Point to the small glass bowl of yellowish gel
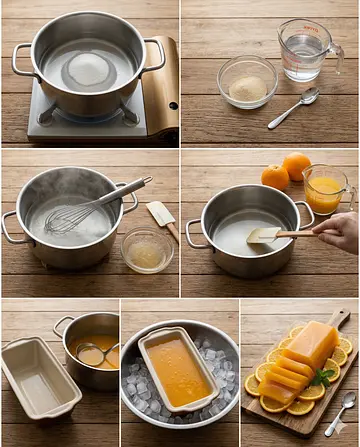click(x=147, y=251)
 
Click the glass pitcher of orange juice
click(x=324, y=189)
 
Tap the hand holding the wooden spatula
click(x=340, y=232)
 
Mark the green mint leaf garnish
click(x=322, y=377)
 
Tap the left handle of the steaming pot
click(x=12, y=228)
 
